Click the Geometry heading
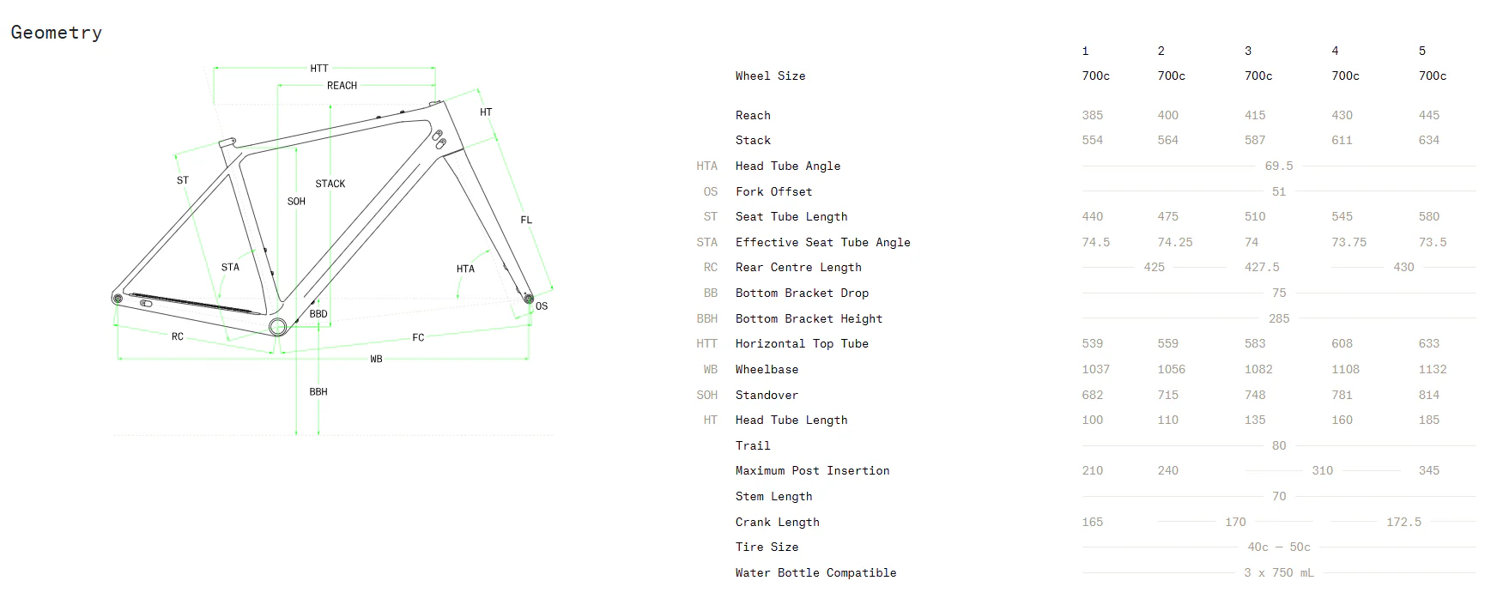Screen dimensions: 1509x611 pyautogui.click(x=57, y=33)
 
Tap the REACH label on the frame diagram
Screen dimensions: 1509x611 pyautogui.click(x=342, y=86)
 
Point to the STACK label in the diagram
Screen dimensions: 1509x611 pyautogui.click(x=330, y=184)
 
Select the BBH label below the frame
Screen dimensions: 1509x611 pyautogui.click(x=318, y=391)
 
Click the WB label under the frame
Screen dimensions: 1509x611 pyautogui.click(x=376, y=359)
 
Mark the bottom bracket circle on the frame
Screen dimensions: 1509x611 pyautogui.click(x=277, y=326)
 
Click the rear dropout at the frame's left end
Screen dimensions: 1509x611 pyautogui.click(x=118, y=298)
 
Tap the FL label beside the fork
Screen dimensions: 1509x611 pyautogui.click(x=526, y=221)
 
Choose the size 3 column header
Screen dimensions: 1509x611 pyautogui.click(x=1248, y=51)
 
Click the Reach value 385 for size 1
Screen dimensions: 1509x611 pyautogui.click(x=1093, y=115)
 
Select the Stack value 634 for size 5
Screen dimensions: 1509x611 pyautogui.click(x=1429, y=140)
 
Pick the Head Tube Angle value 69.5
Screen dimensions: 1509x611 pyautogui.click(x=1279, y=166)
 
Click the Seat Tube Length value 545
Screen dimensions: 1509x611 pyautogui.click(x=1342, y=216)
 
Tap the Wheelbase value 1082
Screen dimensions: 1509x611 pyautogui.click(x=1258, y=369)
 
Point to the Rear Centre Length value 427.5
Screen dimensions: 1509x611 pyautogui.click(x=1262, y=267)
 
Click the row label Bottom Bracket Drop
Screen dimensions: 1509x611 pyautogui.click(x=802, y=293)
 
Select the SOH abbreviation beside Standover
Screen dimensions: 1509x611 pyautogui.click(x=707, y=395)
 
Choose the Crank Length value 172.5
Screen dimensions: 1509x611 pyautogui.click(x=1404, y=522)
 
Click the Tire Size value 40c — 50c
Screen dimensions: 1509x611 pyautogui.click(x=1279, y=547)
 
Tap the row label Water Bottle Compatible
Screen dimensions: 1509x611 pyautogui.click(x=815, y=572)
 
